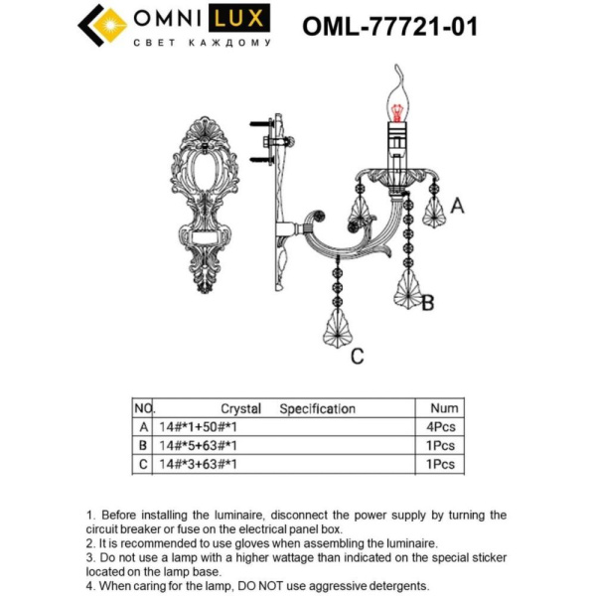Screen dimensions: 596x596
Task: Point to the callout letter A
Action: [x=457, y=206]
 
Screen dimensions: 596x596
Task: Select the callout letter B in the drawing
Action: [x=427, y=303]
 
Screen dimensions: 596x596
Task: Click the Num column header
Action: [x=444, y=408]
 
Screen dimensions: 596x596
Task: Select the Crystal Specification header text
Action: [x=287, y=408]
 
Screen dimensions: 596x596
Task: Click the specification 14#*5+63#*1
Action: [x=199, y=445]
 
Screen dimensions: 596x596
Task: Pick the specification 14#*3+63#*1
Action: [x=199, y=463]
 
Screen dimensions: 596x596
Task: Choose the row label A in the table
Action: [x=143, y=426]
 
